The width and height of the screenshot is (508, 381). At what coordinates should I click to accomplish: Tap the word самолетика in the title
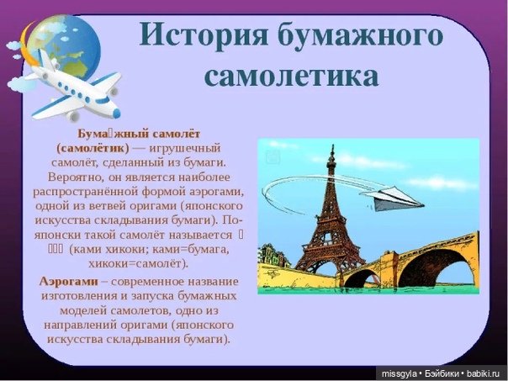tap(291, 76)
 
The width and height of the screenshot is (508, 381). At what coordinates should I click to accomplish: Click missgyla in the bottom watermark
tap(400, 373)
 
